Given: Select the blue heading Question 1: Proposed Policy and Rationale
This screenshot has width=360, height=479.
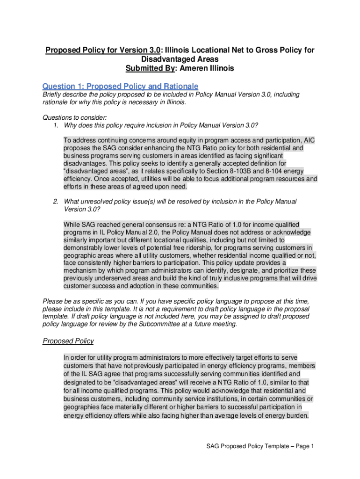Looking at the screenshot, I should click(120, 87).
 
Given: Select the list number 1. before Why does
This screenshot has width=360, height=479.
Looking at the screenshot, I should click(57, 125).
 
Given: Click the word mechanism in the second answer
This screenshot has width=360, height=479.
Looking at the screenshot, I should click(82, 271).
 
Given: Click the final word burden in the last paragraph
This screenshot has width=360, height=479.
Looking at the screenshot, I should click(297, 414).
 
